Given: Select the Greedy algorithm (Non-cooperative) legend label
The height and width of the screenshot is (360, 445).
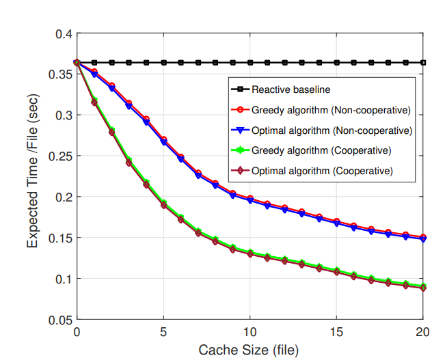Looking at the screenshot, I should [330, 109].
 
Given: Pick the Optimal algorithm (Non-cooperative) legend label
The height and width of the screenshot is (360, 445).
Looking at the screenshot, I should [331, 130].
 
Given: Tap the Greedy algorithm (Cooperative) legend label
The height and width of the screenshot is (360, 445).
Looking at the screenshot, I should [321, 150].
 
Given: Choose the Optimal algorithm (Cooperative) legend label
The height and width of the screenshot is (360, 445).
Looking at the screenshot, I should [322, 170].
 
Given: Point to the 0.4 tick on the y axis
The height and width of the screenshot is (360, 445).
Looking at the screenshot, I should [63, 33].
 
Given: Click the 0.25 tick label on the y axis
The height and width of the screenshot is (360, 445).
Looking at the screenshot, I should [60, 156].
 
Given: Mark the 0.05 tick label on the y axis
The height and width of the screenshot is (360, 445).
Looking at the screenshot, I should [60, 320].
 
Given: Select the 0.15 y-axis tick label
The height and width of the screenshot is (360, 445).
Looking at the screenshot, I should [60, 238].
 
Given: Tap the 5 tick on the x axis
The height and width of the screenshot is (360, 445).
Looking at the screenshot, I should [163, 331].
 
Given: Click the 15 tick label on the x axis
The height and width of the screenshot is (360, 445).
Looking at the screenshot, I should [337, 331].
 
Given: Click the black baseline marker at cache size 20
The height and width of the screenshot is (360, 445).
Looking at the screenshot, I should [424, 63].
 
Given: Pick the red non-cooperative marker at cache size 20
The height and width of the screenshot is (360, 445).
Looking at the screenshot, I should [424, 236].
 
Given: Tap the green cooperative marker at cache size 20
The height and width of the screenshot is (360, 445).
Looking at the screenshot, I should [424, 286].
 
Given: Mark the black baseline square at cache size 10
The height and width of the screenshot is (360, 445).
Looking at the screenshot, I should [250, 63].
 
